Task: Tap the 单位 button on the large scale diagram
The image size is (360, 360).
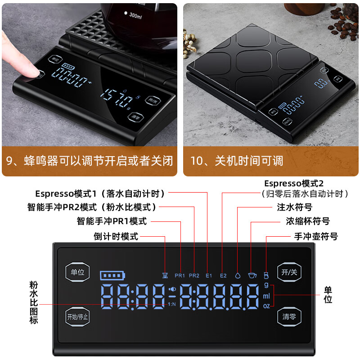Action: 77,272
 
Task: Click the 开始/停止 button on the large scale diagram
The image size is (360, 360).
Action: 77,316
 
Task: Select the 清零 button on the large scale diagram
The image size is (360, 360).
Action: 289,316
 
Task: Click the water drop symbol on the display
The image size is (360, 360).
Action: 238,275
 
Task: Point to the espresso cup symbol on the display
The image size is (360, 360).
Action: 252,275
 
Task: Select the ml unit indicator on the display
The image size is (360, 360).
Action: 266,296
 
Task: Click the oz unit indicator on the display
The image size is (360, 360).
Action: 266,306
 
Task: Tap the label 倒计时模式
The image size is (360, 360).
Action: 116,236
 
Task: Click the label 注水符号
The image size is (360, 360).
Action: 295,207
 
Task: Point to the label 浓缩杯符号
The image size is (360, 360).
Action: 307,221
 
